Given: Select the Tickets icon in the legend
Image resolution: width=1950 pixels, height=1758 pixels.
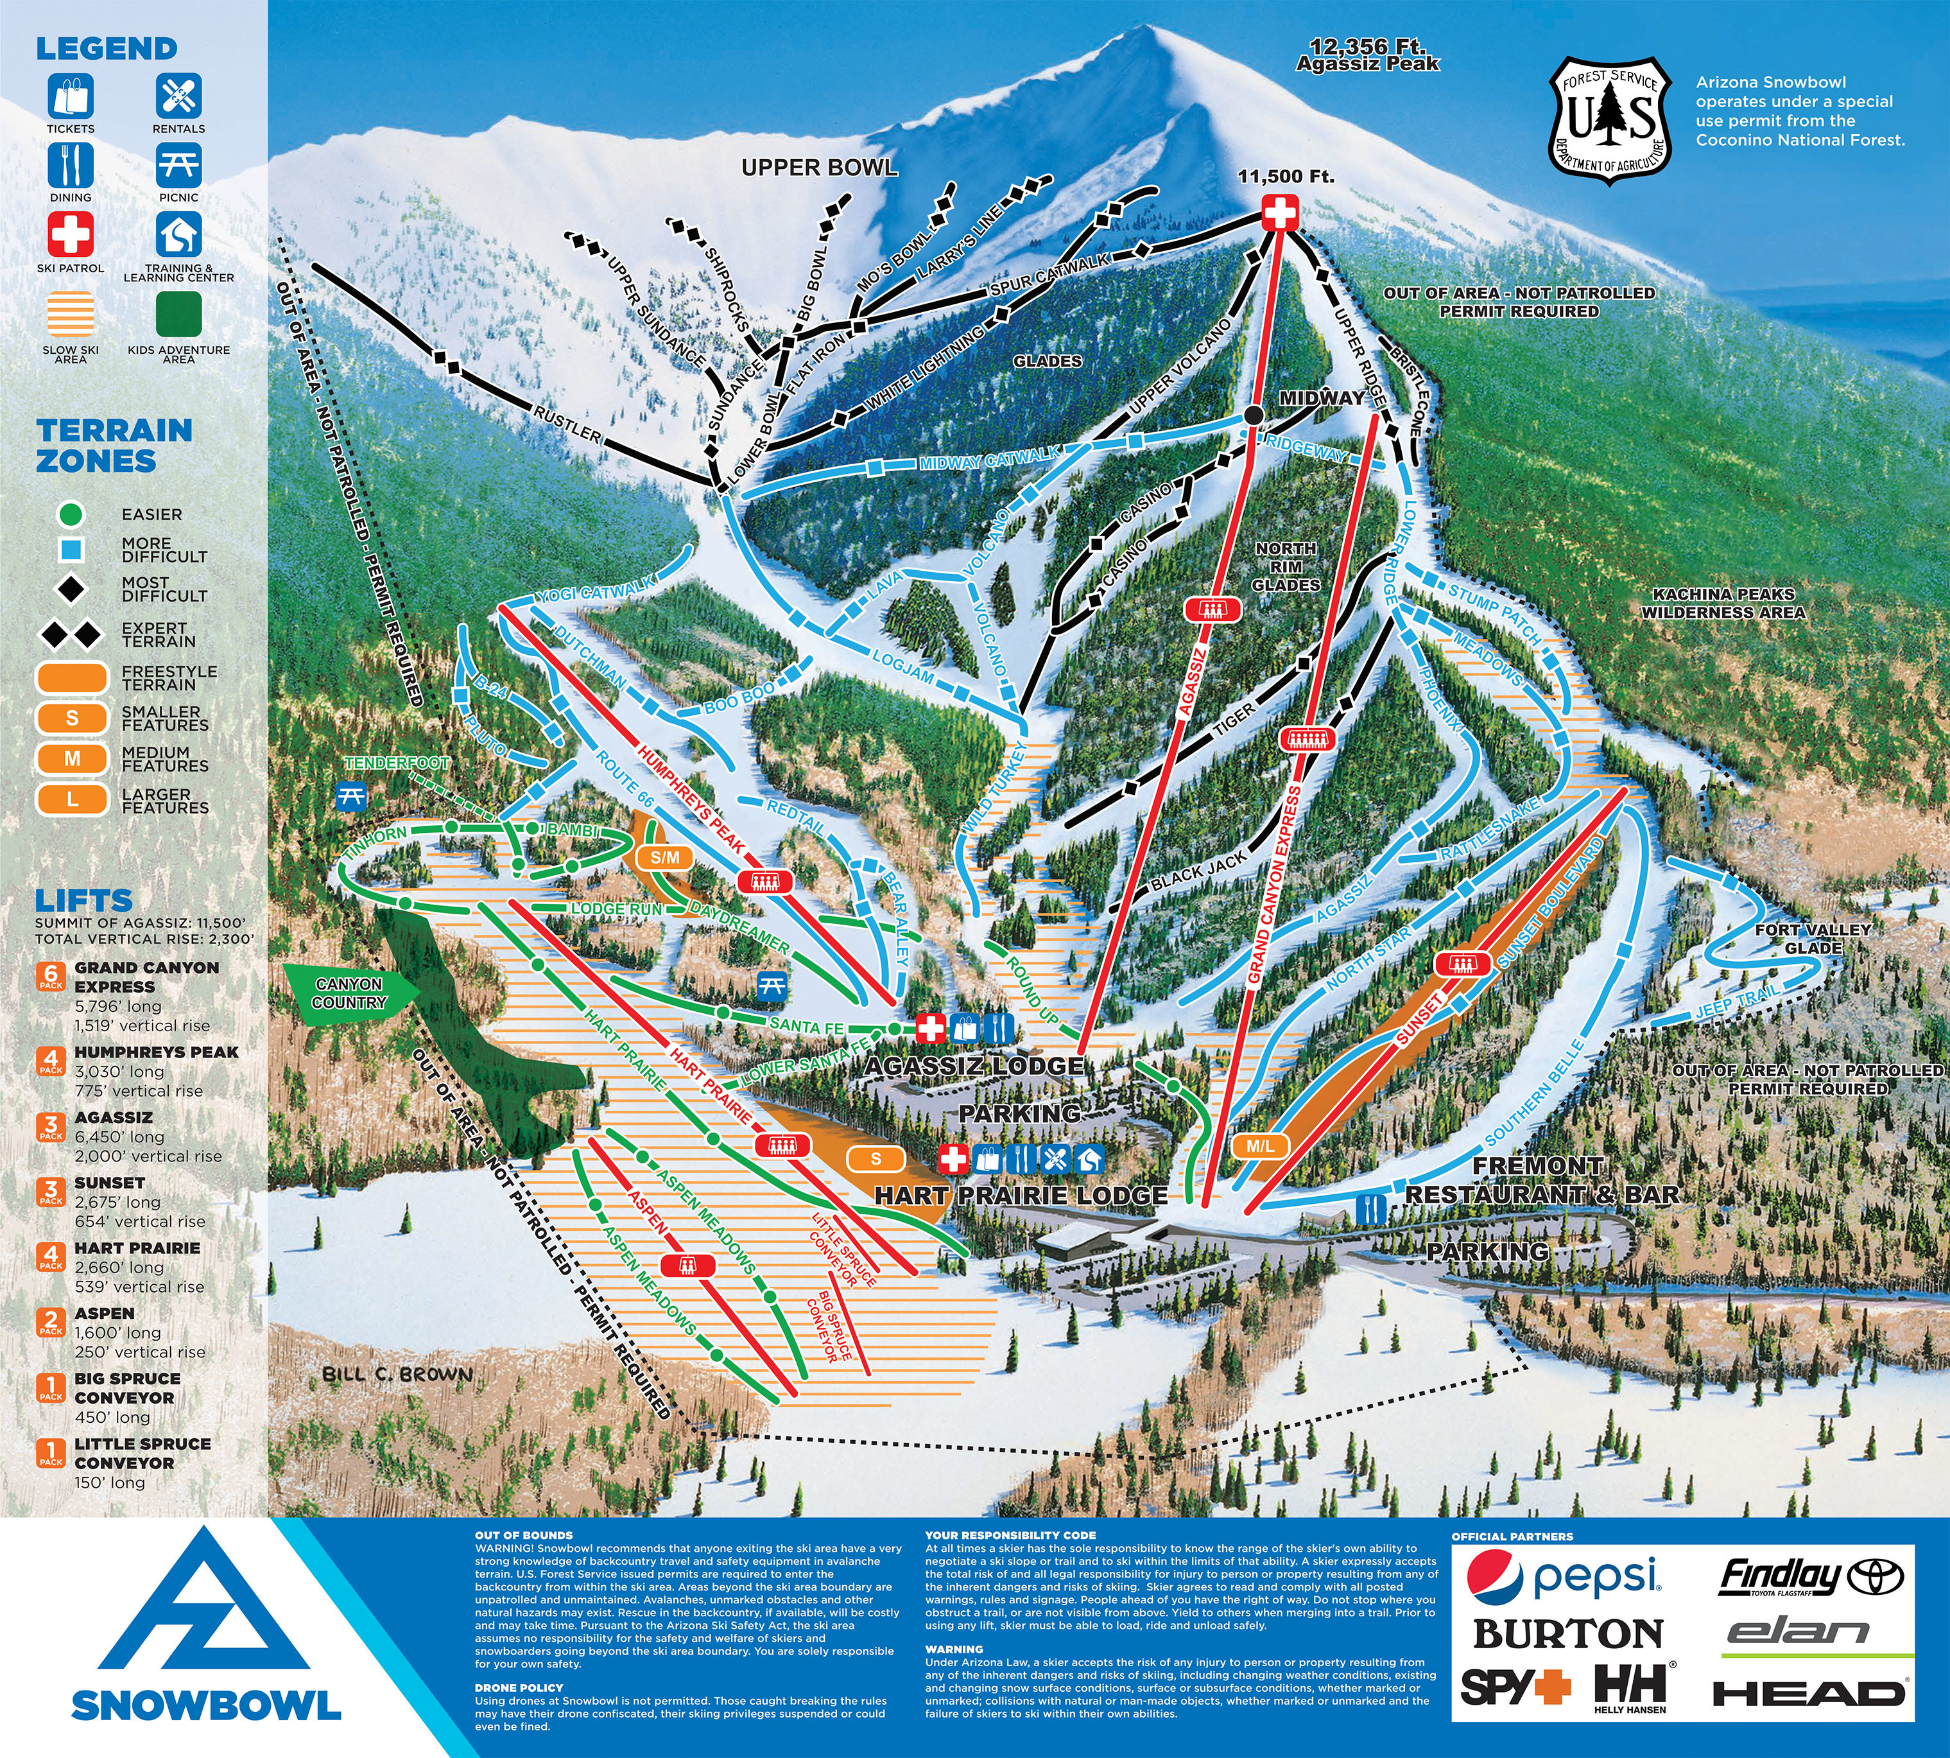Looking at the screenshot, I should pyautogui.click(x=71, y=96).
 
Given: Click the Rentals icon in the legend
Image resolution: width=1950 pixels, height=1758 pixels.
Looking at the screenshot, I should pyautogui.click(x=178, y=96).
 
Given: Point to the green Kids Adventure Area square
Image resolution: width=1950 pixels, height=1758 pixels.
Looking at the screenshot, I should pyautogui.click(x=178, y=314).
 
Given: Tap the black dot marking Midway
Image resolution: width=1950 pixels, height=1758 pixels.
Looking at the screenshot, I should pyautogui.click(x=1254, y=415).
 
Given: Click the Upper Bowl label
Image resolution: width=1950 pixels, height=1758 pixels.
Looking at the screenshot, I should pyautogui.click(x=819, y=168).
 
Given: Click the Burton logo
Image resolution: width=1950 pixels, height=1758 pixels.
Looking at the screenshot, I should pyautogui.click(x=1567, y=1634).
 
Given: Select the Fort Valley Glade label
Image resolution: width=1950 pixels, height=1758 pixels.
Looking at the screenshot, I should pyautogui.click(x=1813, y=938).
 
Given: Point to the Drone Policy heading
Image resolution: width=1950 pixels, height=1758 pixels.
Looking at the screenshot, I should pyautogui.click(x=519, y=1687).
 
